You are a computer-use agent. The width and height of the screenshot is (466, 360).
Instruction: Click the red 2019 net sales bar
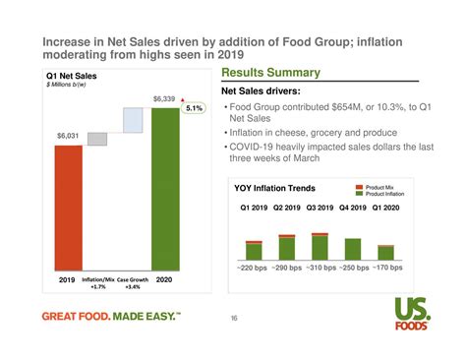click(x=68, y=207)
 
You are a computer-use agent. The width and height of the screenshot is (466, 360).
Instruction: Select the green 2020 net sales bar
click(x=165, y=187)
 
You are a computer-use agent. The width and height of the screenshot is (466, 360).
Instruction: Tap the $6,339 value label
click(x=164, y=99)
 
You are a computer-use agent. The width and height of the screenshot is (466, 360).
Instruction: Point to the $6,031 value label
click(x=68, y=136)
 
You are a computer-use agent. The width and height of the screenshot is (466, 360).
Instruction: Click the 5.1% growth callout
click(x=195, y=108)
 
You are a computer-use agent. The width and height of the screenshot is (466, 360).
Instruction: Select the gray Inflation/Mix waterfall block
click(x=97, y=139)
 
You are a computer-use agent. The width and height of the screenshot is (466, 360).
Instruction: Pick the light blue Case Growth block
click(x=132, y=119)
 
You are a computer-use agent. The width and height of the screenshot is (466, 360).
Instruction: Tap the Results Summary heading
click(x=271, y=74)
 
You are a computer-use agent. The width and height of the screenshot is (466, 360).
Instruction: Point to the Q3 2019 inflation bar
click(x=320, y=246)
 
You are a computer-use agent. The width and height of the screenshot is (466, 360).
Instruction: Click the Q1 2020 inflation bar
click(x=385, y=252)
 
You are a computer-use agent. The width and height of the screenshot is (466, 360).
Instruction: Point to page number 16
click(x=234, y=318)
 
